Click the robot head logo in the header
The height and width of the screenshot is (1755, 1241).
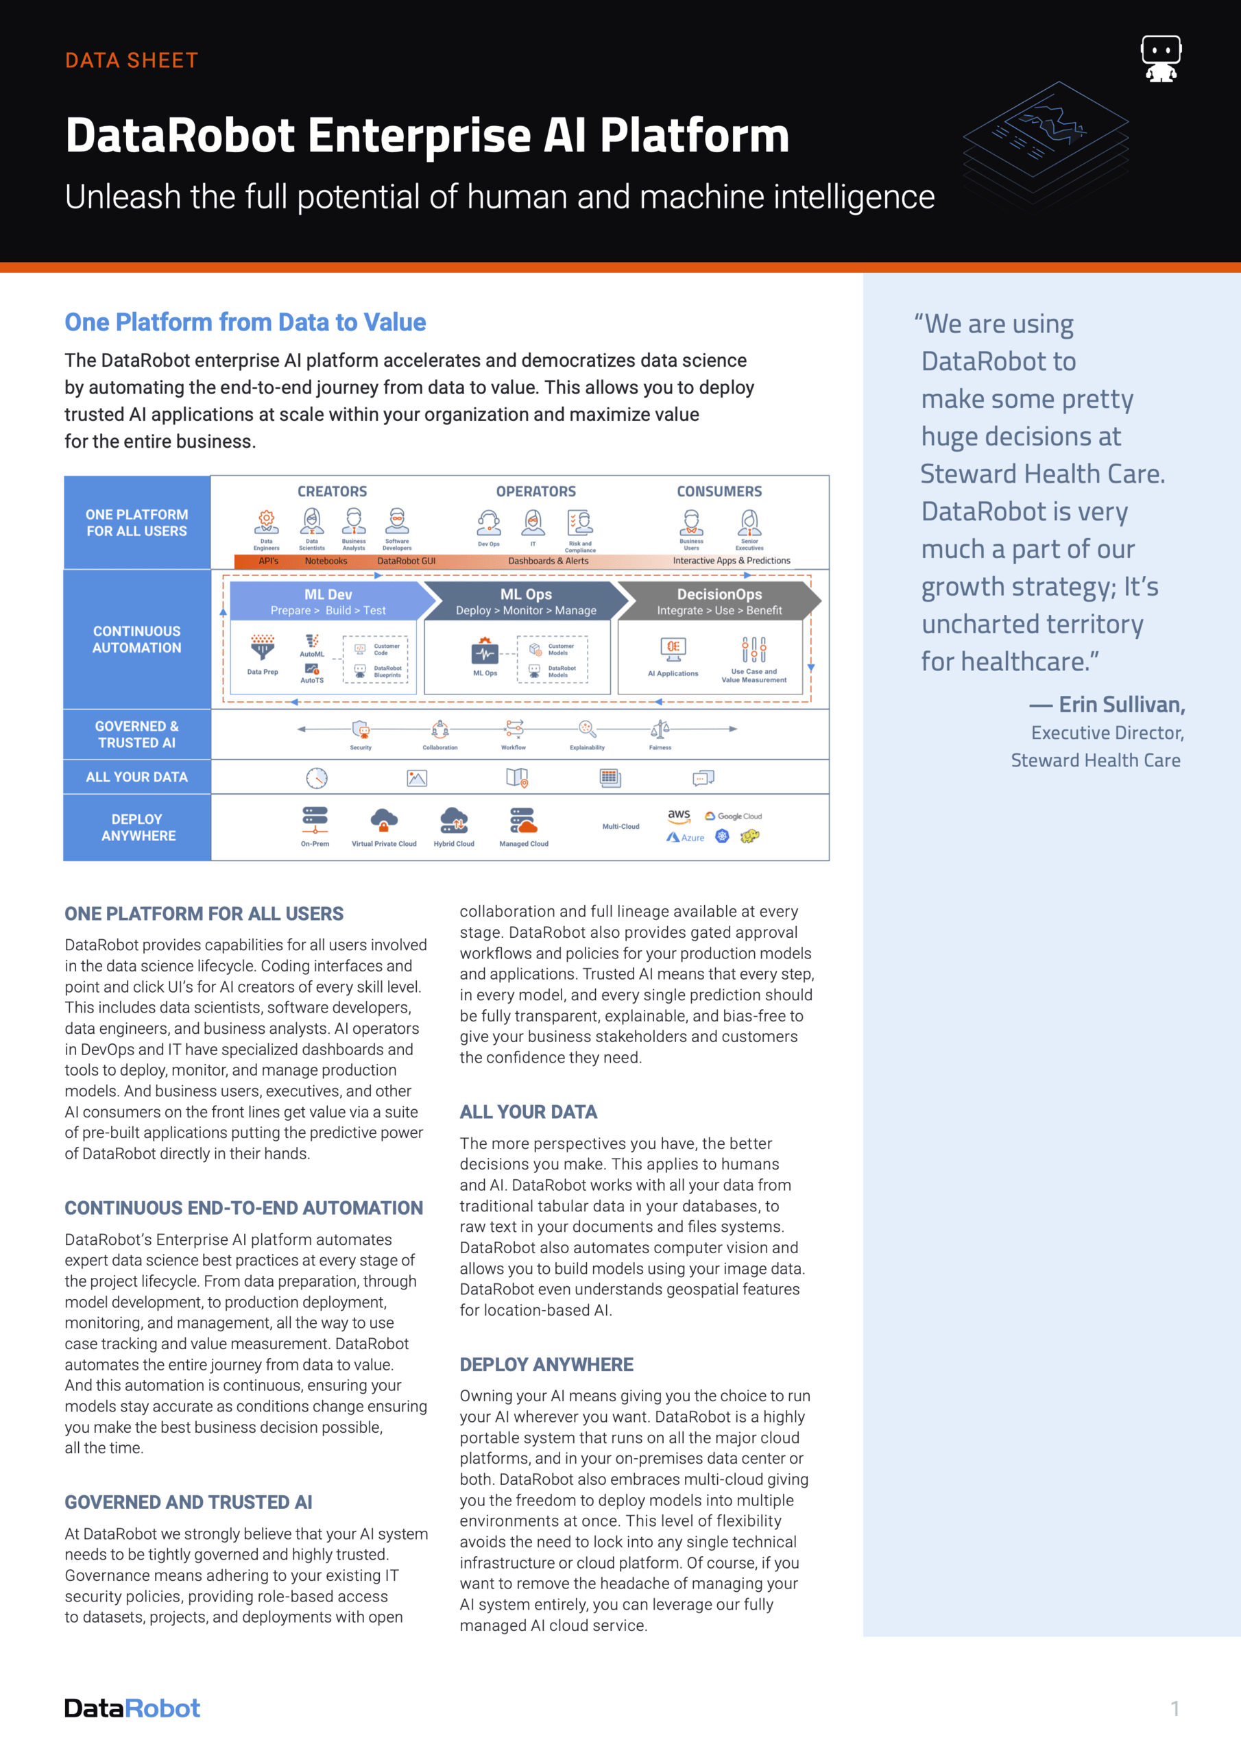(x=1161, y=58)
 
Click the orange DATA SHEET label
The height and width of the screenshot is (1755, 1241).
(x=132, y=60)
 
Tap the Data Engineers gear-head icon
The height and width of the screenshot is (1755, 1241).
(x=266, y=521)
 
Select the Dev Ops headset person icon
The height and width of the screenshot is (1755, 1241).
(x=489, y=524)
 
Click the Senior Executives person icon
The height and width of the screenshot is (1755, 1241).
(x=749, y=523)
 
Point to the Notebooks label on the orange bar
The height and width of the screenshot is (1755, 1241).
(x=326, y=561)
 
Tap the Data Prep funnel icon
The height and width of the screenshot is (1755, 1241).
(x=263, y=647)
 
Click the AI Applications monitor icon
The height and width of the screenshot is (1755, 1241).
(x=673, y=649)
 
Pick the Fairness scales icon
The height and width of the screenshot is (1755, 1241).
(x=660, y=729)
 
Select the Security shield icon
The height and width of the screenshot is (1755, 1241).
(x=360, y=729)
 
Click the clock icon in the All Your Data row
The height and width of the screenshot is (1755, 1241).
(x=317, y=778)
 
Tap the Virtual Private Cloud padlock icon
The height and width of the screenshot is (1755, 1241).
(x=384, y=821)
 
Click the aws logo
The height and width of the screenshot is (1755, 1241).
(x=679, y=816)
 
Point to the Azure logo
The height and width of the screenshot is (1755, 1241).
(x=685, y=838)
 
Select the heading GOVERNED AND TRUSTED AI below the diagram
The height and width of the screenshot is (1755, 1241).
(x=188, y=1502)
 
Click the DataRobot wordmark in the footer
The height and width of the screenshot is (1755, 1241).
(x=132, y=1708)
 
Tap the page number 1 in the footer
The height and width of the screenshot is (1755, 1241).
(x=1174, y=1708)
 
